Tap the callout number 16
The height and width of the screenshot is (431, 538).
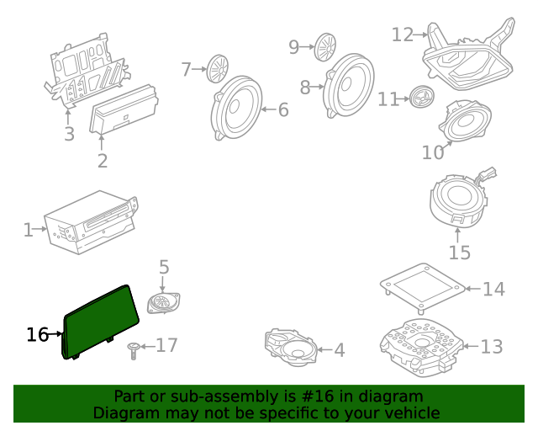[x=37, y=334]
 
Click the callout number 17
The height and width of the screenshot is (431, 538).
[x=166, y=345]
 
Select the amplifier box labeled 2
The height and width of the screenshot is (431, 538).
[x=124, y=110]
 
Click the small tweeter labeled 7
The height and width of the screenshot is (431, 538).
[x=219, y=67]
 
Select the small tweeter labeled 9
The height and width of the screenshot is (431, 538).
[x=326, y=44]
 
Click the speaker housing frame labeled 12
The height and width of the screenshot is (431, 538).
[x=468, y=57]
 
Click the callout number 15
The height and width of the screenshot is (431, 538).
[x=459, y=252]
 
